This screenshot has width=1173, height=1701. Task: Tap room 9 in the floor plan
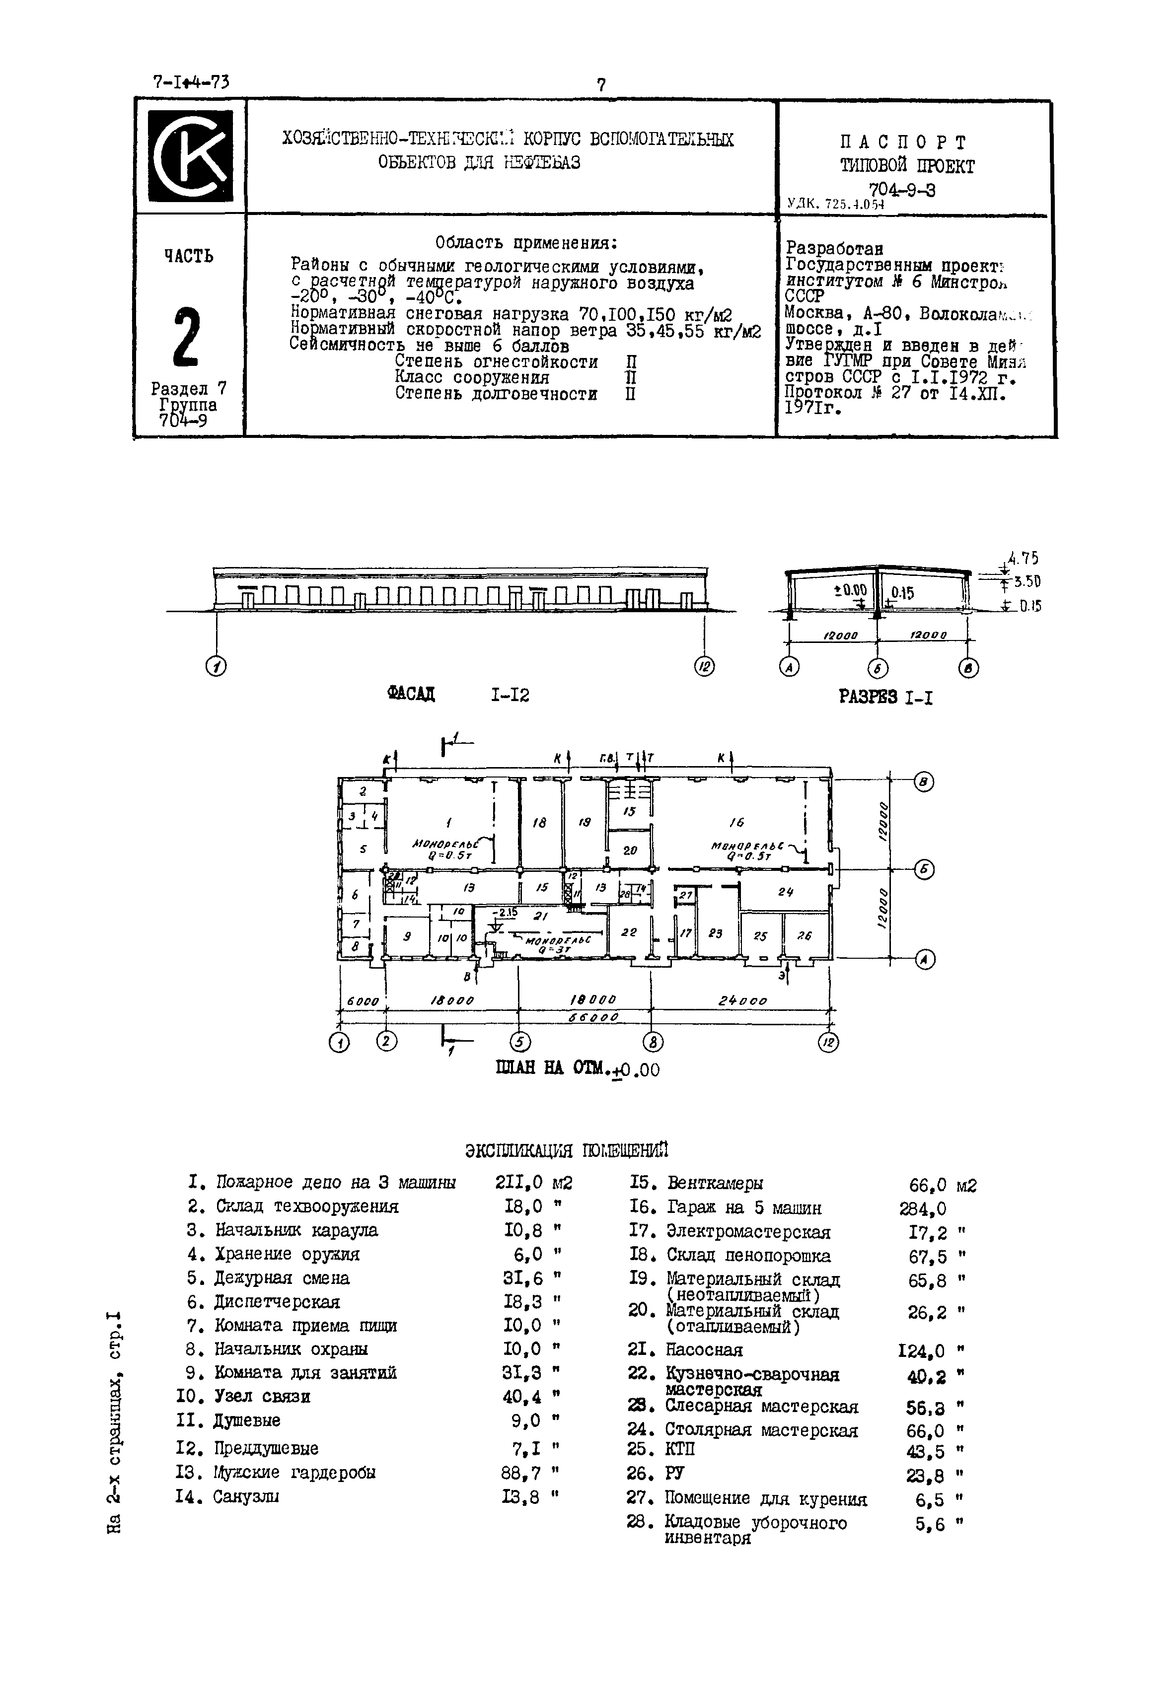(x=406, y=937)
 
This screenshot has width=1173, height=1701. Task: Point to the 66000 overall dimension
(x=592, y=1018)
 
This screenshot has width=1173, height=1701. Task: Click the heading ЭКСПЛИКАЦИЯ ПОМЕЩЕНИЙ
(x=567, y=1149)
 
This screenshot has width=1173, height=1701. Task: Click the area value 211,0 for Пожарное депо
(x=519, y=1182)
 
